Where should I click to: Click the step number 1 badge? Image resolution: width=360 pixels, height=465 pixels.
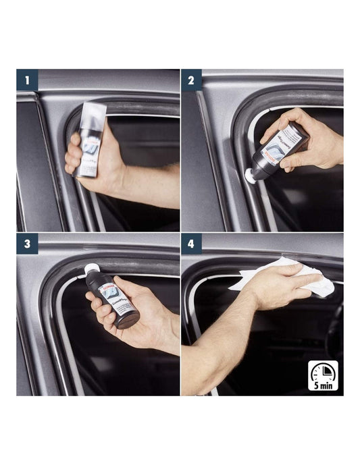point(27,79)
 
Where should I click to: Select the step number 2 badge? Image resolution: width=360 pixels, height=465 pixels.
point(191,79)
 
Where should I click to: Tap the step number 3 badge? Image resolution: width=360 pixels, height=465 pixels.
point(27,244)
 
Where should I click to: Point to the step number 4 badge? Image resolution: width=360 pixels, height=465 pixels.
point(191,244)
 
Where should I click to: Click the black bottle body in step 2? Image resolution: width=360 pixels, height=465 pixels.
point(277,153)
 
